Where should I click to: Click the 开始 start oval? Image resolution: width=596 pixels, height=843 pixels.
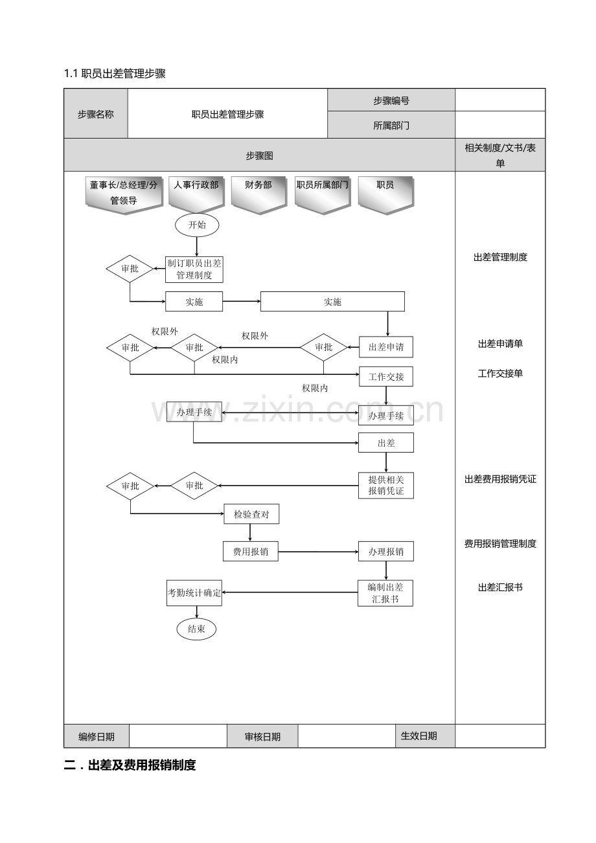click(x=197, y=225)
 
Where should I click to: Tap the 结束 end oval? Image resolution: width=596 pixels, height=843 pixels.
click(x=196, y=629)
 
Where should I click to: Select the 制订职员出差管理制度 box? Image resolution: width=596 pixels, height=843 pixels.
click(x=194, y=269)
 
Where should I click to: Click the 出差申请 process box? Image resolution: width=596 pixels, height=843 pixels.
click(x=386, y=347)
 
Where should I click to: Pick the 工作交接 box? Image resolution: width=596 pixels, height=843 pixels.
click(x=386, y=377)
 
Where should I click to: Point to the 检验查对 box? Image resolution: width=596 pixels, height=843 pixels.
click(x=251, y=514)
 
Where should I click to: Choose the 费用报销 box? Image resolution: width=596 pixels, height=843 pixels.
click(x=251, y=552)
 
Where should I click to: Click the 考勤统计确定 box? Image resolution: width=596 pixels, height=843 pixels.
click(x=194, y=592)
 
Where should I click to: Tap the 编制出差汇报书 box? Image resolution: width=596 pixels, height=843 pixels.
click(x=385, y=593)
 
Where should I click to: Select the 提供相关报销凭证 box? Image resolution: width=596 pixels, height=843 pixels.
click(x=386, y=486)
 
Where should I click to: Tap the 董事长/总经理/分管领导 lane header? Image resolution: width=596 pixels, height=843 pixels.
click(x=124, y=195)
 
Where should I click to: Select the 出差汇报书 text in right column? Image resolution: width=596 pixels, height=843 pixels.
click(x=500, y=587)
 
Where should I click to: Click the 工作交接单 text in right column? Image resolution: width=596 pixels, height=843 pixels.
click(x=500, y=374)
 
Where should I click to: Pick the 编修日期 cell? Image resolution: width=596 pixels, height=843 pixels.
click(x=97, y=737)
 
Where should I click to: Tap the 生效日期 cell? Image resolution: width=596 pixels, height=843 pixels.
click(x=425, y=736)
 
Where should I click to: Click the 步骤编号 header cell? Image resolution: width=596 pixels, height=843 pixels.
click(x=391, y=100)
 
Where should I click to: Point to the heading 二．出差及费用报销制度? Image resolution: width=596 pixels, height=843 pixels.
click(x=130, y=765)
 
